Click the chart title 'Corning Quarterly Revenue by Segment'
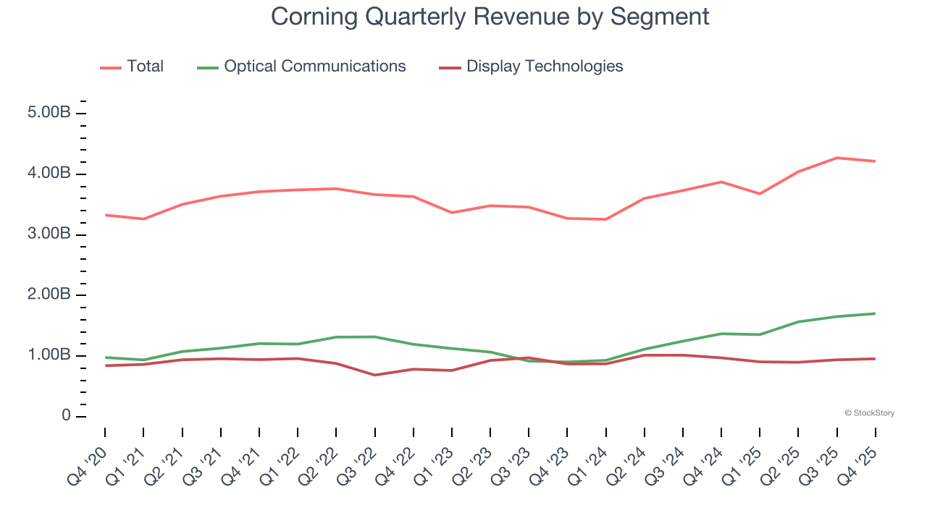click(490, 16)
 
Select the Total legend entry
click(145, 67)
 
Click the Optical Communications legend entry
click(314, 67)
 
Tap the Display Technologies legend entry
click(544, 67)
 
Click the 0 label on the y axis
click(66, 416)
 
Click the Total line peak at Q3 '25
click(837, 158)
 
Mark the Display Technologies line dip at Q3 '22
click(375, 375)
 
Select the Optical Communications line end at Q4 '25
click(875, 313)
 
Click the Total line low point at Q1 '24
click(605, 219)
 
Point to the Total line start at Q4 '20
click(106, 215)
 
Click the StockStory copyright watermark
click(869, 413)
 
